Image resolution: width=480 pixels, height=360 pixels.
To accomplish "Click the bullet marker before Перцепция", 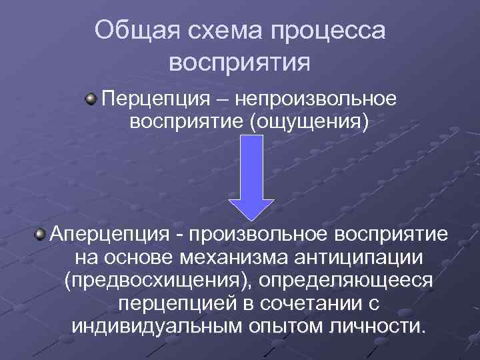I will (x=89, y=99).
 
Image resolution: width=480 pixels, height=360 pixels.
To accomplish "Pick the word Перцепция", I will (x=149, y=99).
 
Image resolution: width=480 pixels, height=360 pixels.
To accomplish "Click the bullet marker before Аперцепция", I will (x=41, y=235).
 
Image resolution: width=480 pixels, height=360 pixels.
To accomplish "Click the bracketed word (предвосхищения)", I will (x=157, y=281).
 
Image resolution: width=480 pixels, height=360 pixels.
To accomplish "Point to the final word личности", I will (x=376, y=327).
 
